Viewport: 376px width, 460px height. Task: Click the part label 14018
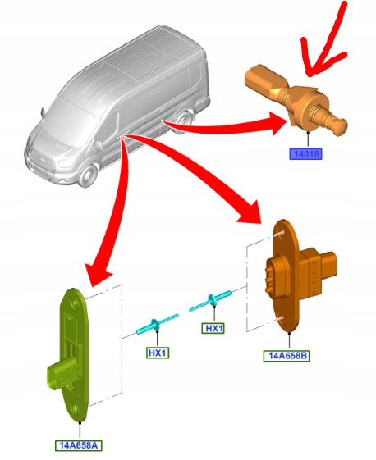pyautogui.click(x=305, y=153)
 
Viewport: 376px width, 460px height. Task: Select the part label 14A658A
pyautogui.click(x=79, y=445)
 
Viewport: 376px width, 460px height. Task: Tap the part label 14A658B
pyautogui.click(x=287, y=356)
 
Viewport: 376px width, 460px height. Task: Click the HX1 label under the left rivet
pyautogui.click(x=158, y=353)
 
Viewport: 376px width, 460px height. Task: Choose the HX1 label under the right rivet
pyautogui.click(x=213, y=328)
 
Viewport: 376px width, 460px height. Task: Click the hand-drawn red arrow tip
pyautogui.click(x=310, y=75)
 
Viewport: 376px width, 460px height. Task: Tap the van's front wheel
pyautogui.click(x=89, y=176)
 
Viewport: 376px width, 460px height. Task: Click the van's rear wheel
pyautogui.click(x=184, y=121)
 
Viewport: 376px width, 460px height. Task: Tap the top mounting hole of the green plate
pyautogui.click(x=74, y=302)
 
